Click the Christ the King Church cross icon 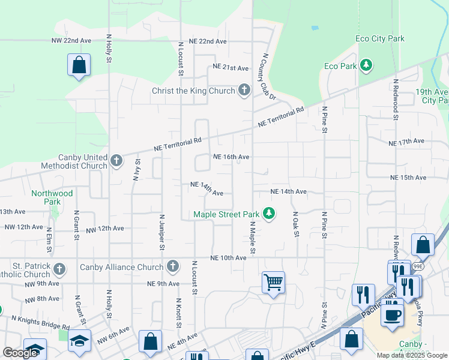[244, 91]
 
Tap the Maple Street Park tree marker [270, 214]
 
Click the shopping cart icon [273, 281]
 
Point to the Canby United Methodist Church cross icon [116, 160]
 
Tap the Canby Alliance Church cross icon [173, 266]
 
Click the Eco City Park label [380, 39]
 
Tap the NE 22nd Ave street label [208, 41]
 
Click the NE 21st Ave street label [231, 68]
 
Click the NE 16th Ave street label [231, 157]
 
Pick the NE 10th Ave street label [228, 257]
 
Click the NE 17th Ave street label [406, 142]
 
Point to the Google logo [20, 353]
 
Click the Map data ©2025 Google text [411, 355]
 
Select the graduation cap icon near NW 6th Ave [79, 341]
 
